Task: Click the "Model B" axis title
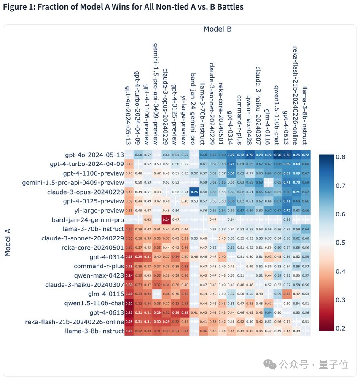coord(217,29)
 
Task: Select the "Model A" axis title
coord(8,242)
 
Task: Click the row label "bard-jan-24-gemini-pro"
coord(88,220)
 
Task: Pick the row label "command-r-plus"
coord(99,266)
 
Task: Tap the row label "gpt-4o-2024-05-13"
coord(94,155)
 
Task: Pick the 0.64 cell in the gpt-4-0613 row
coord(268,312)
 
